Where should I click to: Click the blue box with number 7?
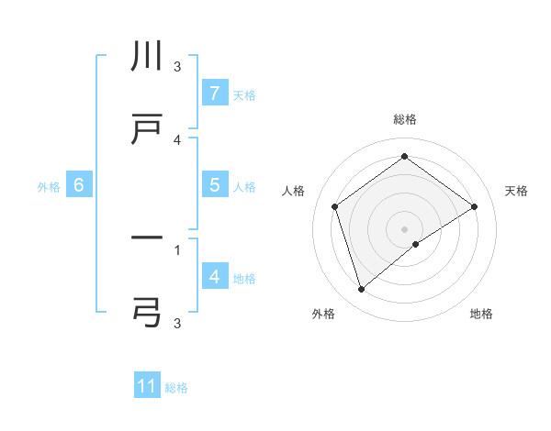pos(214,94)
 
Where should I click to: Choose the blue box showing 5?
pos(214,185)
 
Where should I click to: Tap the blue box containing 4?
pos(214,276)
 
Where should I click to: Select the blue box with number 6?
pos(79,185)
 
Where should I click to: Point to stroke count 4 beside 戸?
pos(177,138)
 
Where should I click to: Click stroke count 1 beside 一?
pos(177,248)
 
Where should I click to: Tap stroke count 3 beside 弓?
pos(177,322)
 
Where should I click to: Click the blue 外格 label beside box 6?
pos(49,186)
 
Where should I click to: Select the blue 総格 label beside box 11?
pos(176,387)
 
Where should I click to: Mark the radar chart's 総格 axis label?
pos(405,119)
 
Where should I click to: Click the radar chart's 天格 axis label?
pos(516,191)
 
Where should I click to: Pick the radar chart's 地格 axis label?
pos(481,314)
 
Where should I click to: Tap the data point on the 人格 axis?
pos(335,206)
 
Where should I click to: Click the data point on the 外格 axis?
pos(361,290)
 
